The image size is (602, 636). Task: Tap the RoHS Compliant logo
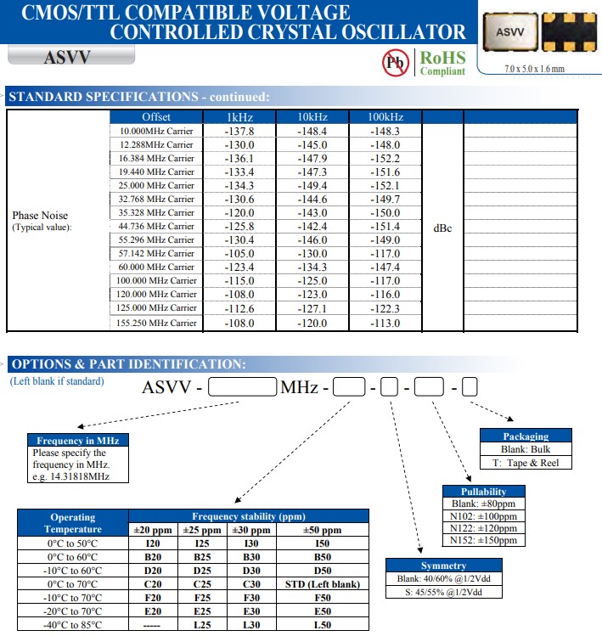pos(442,63)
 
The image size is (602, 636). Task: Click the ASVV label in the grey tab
pos(67,58)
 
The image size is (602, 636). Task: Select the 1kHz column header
pos(239,116)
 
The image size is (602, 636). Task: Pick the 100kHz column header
pos(385,116)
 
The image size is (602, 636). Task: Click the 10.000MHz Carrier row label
pos(156,131)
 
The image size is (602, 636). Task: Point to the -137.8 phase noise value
pos(239,131)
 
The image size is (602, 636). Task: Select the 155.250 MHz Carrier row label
pos(156,323)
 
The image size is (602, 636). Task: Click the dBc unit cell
pos(442,228)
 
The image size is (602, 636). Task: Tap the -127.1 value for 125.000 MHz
pos(312,308)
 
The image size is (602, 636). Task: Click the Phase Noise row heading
pos(40,216)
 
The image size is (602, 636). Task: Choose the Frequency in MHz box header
pos(77,441)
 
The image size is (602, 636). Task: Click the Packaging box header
pos(526,436)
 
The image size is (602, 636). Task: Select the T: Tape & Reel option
pos(526,463)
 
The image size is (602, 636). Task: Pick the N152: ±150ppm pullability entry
pos(483,540)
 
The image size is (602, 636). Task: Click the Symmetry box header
pos(443,566)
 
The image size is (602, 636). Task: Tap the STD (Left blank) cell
pos(323,584)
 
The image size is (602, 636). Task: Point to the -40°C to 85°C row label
pos(73,625)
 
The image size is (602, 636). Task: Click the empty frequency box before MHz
pos(243,388)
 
